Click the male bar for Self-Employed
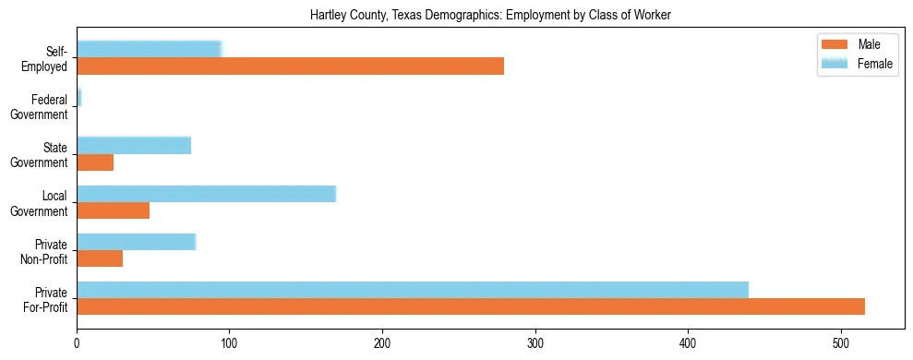point(290,66)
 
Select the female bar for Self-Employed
point(149,49)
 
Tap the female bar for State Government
point(134,145)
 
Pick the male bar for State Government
point(95,162)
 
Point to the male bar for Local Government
point(113,210)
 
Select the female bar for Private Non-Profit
point(136,242)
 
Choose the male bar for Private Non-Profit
point(100,258)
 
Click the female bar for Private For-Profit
point(412,290)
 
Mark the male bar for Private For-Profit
point(470,306)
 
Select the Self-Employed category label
point(43,58)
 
